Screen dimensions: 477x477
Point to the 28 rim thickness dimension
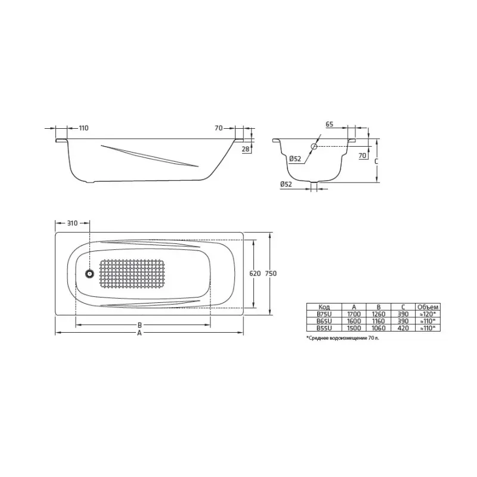click(246, 149)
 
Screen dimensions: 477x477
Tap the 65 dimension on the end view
click(330, 125)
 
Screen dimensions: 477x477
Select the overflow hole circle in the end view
click(314, 146)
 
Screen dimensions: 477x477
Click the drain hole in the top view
click(89, 274)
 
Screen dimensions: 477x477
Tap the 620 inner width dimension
click(255, 273)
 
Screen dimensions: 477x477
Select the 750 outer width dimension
click(271, 273)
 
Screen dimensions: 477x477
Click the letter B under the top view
click(139, 326)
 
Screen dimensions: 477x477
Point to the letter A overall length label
click(139, 334)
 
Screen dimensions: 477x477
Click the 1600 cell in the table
click(354, 320)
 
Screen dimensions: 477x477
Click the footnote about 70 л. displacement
click(343, 337)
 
